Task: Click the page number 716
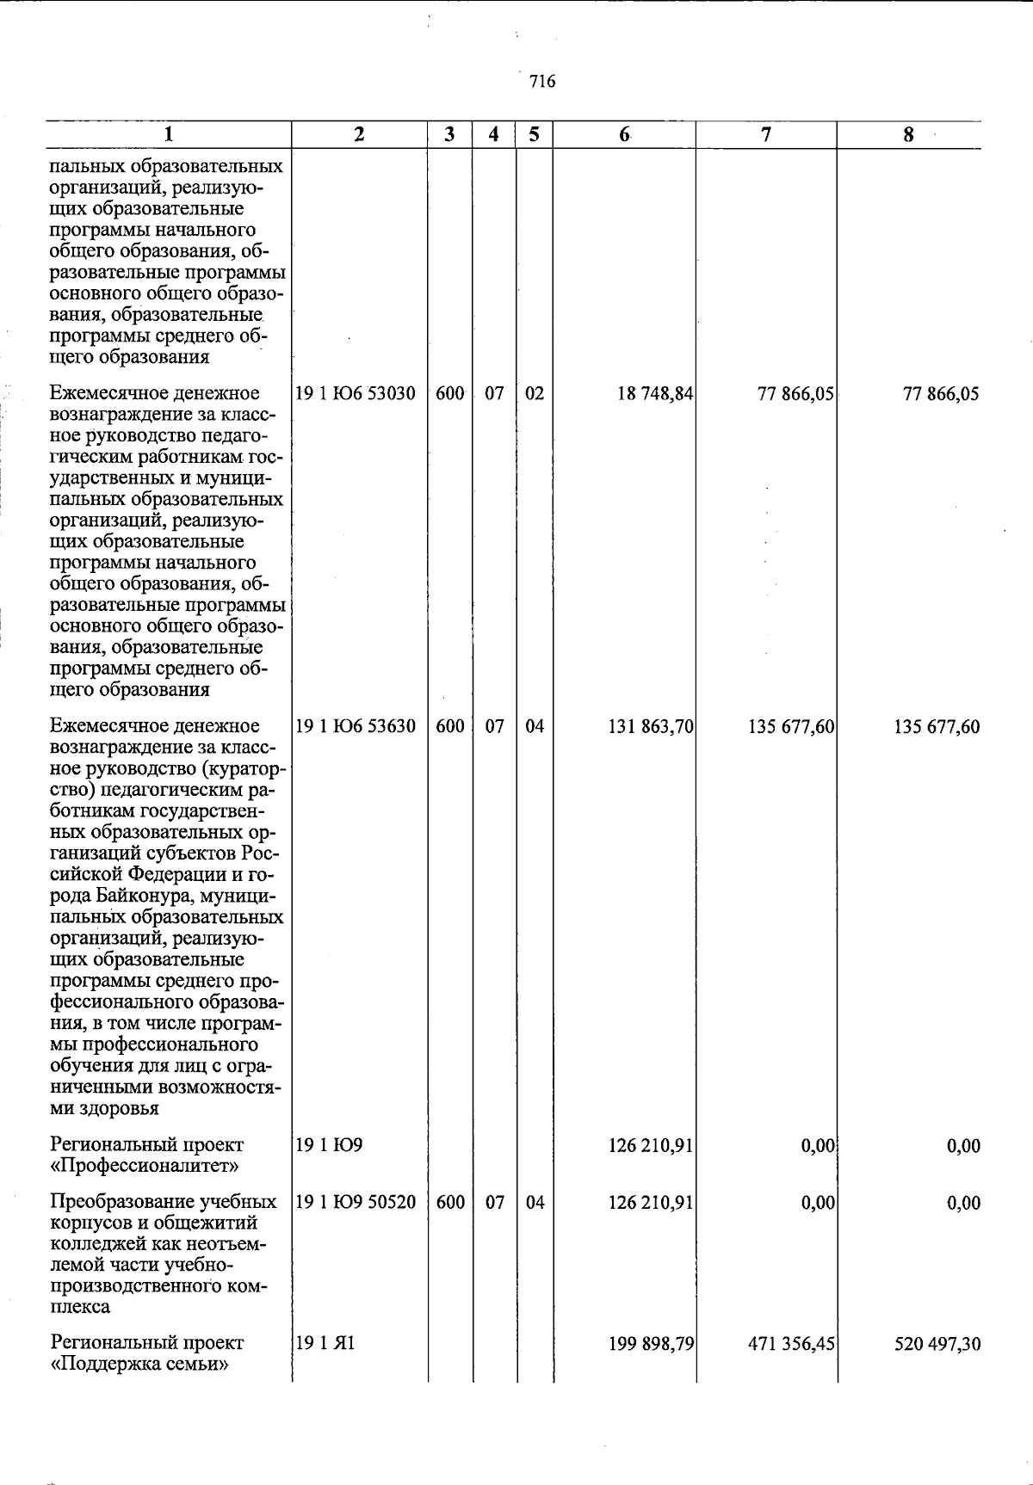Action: coord(542,82)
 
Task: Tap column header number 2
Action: coord(359,134)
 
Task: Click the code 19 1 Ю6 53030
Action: coord(356,394)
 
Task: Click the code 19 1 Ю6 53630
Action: coord(356,726)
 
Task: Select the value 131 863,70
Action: coord(650,727)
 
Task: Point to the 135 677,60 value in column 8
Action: coord(937,727)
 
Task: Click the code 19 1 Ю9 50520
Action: coord(356,1203)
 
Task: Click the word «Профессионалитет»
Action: coord(145,1166)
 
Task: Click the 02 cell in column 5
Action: coord(535,394)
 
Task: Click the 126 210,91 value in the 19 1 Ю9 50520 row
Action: coord(650,1203)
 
